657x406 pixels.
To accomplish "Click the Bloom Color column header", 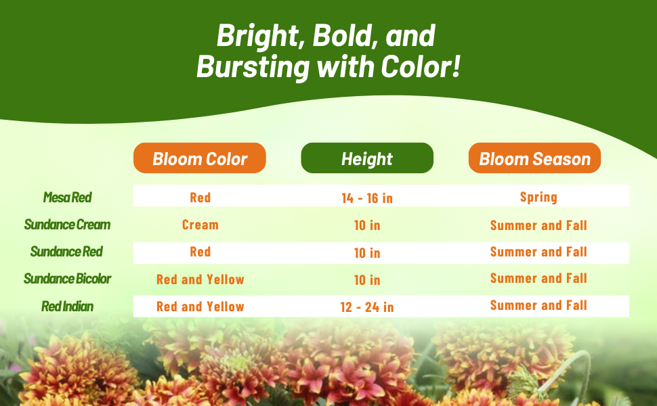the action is click(199, 158).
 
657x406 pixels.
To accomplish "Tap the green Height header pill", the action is click(367, 158).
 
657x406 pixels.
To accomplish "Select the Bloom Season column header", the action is click(534, 158).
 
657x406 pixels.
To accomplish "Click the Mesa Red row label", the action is click(68, 197).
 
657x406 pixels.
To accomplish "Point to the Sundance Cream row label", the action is click(68, 225).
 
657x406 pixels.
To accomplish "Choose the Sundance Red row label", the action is click(66, 252).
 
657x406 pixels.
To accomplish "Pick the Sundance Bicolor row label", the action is click(68, 279).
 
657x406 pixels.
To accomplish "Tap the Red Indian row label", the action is click(68, 307).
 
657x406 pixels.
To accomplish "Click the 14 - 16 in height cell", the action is click(367, 198).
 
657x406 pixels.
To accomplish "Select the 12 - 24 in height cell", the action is click(367, 307).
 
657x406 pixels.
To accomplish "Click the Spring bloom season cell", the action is click(538, 197).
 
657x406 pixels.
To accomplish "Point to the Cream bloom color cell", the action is click(200, 225).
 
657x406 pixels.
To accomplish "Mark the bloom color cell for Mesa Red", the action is click(200, 198).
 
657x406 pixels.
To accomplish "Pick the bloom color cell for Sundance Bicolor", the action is click(200, 279).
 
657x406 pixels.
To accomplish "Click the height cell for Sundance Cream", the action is click(367, 225).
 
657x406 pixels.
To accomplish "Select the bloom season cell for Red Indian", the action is click(538, 306).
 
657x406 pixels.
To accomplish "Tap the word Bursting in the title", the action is click(253, 68).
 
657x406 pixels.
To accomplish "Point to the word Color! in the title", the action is click(421, 66).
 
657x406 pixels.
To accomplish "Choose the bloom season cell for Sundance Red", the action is click(538, 252).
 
